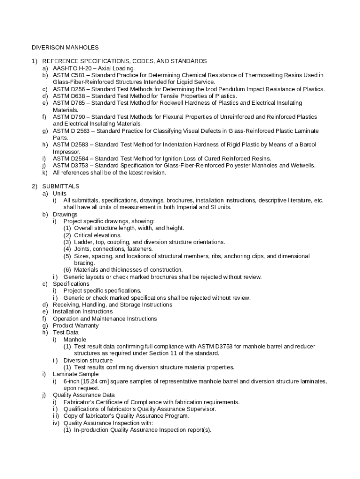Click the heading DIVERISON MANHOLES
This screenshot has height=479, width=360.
65,47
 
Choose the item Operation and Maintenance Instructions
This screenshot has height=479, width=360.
105,319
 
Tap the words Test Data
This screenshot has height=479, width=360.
66,333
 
